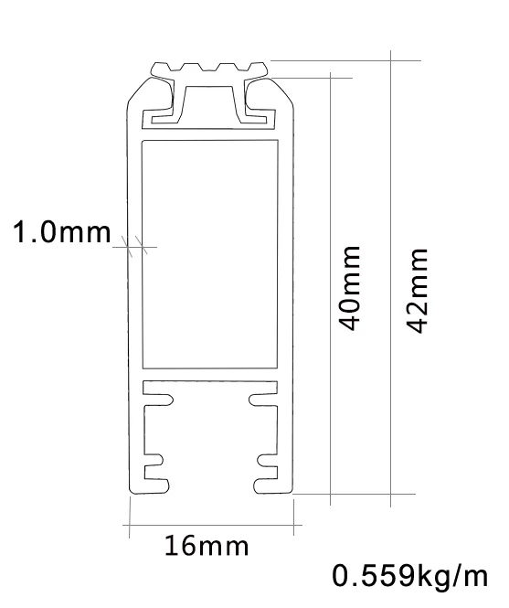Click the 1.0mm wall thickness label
pyautogui.click(x=60, y=233)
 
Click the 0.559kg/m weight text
pyautogui.click(x=410, y=577)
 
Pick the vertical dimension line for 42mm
pyautogui.click(x=390, y=274)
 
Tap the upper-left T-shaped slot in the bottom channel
pyautogui.click(x=161, y=399)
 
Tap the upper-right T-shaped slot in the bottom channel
pyautogui.click(x=261, y=399)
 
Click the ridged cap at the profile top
pyautogui.click(x=210, y=69)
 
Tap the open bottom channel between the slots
pyautogui.click(x=210, y=439)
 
